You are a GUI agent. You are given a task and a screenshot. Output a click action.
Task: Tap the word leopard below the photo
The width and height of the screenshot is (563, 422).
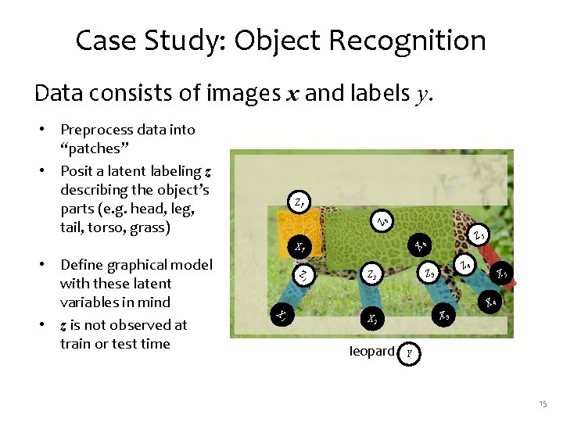coord(371,352)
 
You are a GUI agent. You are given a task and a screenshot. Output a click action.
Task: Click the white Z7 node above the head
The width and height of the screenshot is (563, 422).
coord(300,202)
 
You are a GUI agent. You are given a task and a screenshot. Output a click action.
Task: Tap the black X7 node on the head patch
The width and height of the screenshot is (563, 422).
coord(299,249)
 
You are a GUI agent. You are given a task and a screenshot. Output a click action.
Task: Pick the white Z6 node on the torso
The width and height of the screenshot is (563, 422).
coord(380,221)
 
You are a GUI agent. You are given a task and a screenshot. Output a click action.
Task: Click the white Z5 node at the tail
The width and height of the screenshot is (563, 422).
coord(479,233)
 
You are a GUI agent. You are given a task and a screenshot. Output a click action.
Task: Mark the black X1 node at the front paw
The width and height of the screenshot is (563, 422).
coord(281,314)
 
